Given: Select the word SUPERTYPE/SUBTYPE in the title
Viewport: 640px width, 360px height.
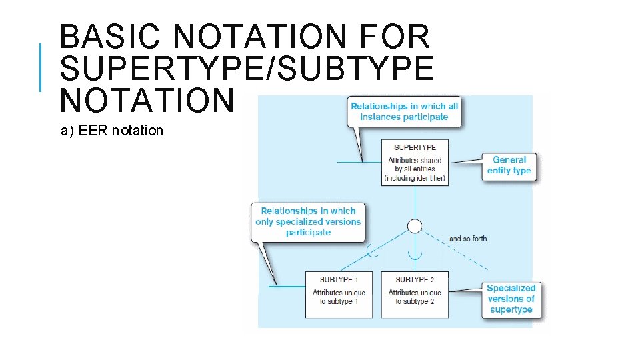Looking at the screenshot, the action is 247,68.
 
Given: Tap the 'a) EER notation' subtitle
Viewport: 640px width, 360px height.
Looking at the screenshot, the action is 112,131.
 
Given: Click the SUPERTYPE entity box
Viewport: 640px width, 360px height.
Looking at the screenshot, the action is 415,162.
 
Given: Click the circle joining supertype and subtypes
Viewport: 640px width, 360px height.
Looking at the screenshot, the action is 415,226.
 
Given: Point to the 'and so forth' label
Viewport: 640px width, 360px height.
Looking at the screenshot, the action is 468,239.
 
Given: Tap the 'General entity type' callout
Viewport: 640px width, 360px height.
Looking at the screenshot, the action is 509,165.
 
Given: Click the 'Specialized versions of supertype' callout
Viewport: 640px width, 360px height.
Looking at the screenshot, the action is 511,299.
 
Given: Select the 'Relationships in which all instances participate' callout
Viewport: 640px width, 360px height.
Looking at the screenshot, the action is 404,111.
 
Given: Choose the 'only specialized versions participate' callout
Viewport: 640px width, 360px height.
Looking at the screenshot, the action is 308,221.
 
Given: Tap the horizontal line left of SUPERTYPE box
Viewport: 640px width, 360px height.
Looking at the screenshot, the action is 359,162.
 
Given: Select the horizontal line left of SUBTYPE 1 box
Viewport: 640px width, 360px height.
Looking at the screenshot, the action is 287,287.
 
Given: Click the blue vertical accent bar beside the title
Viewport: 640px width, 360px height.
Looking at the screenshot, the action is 41,67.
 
